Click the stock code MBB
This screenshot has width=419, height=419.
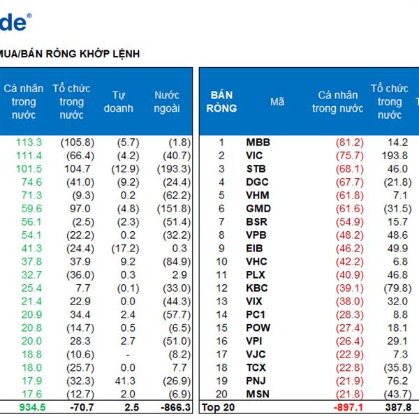[258, 142]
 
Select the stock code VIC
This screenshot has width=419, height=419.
[255, 156]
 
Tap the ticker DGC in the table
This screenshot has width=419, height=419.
[257, 182]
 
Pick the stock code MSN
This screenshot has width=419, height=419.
[258, 395]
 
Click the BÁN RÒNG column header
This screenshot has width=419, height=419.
[221, 102]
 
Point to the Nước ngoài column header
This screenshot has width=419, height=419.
[167, 102]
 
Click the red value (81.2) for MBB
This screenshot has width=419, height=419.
[348, 142]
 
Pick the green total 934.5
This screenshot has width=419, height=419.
[28, 407]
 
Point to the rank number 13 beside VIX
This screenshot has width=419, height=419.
[221, 302]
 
